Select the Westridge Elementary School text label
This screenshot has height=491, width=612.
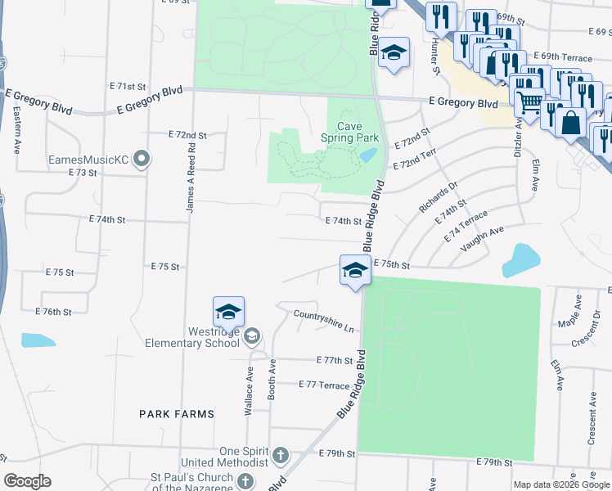[x=196, y=337]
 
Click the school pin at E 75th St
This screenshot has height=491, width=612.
[x=354, y=271]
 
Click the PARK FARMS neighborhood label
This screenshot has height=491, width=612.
[x=176, y=414]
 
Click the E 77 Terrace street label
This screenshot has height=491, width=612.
[x=324, y=384]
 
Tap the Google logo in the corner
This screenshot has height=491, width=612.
[x=27, y=481]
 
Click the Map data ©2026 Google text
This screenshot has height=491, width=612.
[x=560, y=484]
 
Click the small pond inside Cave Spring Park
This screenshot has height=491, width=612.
[x=368, y=155]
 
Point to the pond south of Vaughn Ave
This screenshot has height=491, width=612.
[x=521, y=260]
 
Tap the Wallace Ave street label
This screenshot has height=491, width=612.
[x=249, y=391]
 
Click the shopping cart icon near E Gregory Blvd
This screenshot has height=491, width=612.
[x=529, y=103]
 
